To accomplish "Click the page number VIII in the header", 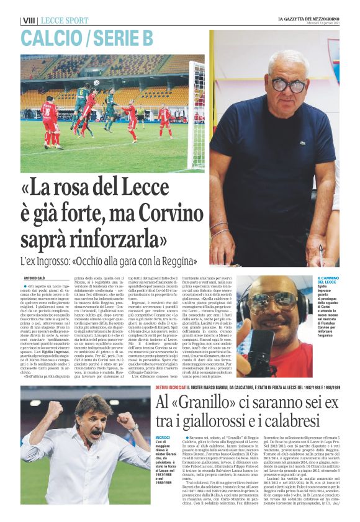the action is tap(29, 20).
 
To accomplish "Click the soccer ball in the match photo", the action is tap(96, 83).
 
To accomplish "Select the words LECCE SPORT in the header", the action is tap(64, 20).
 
